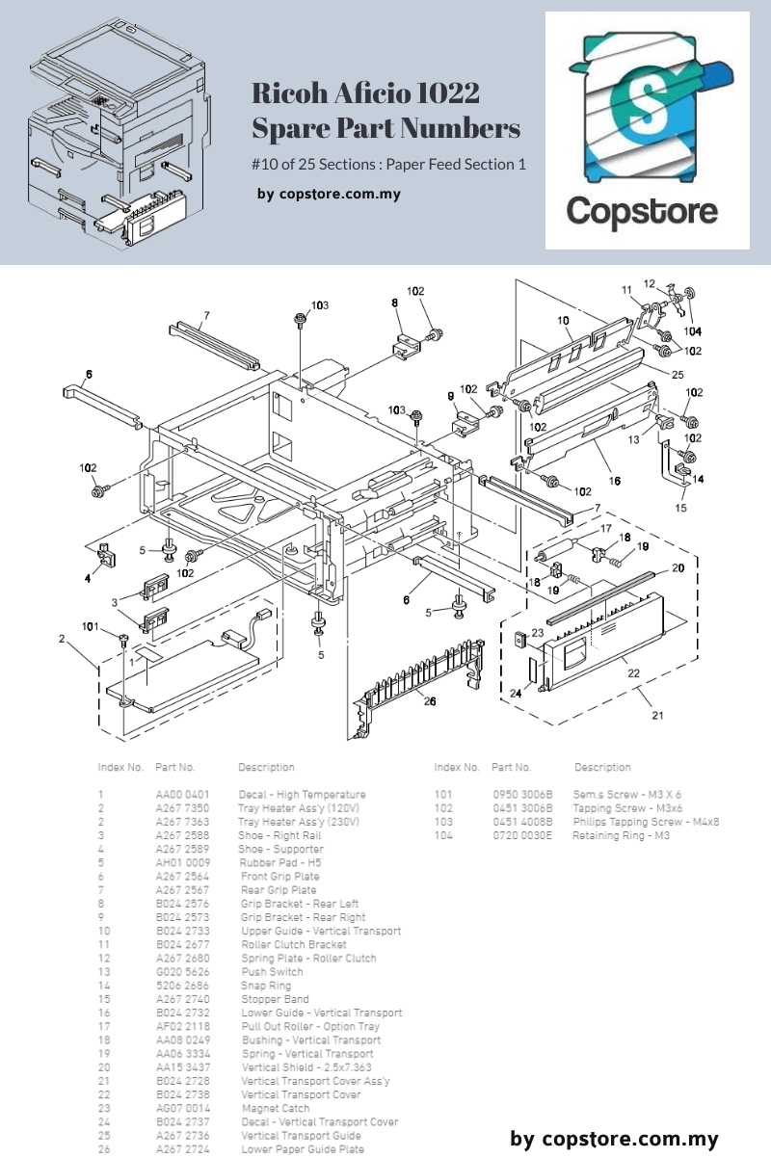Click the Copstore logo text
[x=641, y=211]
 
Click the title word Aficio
[x=366, y=94]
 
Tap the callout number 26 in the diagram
[x=431, y=700]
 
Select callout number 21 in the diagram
[x=657, y=715]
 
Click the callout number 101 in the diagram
[x=90, y=626]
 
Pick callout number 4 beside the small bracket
[x=89, y=577]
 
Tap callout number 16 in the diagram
[x=614, y=481]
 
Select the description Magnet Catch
[x=276, y=1108]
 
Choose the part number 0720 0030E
[x=521, y=835]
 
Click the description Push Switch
[x=272, y=972]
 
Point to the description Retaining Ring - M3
[x=621, y=835]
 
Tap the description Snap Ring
[x=265, y=986]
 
